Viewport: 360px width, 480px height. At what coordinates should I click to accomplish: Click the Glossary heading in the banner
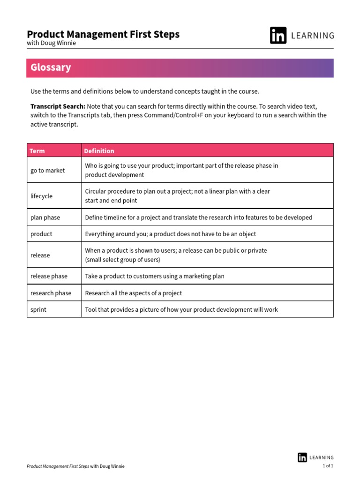[x=51, y=67]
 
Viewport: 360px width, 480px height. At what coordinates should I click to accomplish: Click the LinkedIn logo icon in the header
[x=278, y=36]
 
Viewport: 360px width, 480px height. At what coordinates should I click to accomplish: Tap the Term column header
[x=37, y=151]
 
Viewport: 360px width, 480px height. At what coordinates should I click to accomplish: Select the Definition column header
[x=99, y=151]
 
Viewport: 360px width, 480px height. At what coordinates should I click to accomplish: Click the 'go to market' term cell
[x=48, y=171]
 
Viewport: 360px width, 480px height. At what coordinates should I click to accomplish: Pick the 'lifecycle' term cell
[x=42, y=196]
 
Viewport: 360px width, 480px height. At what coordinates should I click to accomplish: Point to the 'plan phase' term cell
[x=45, y=217]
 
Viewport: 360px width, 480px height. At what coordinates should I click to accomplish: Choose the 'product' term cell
[x=42, y=234]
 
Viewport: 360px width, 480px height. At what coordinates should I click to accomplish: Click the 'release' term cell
[x=40, y=255]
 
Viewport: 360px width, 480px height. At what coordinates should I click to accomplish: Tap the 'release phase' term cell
[x=49, y=277]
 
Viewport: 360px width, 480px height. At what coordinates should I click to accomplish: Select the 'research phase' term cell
[x=51, y=293]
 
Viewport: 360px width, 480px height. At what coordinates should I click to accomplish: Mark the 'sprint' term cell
[x=38, y=310]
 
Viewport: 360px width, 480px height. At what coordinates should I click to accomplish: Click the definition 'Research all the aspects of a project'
[x=134, y=293]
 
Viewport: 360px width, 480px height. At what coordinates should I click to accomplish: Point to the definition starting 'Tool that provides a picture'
[x=181, y=310]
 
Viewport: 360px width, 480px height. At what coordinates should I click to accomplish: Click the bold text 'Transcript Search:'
[x=58, y=106]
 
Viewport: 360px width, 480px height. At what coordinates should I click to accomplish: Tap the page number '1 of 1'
[x=328, y=466]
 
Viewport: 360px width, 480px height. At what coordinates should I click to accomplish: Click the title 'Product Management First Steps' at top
[x=103, y=34]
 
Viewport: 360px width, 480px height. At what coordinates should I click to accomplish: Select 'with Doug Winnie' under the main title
[x=52, y=43]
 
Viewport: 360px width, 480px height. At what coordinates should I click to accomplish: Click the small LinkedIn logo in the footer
[x=302, y=457]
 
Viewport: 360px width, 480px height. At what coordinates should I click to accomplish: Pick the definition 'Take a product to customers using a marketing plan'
[x=155, y=277]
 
